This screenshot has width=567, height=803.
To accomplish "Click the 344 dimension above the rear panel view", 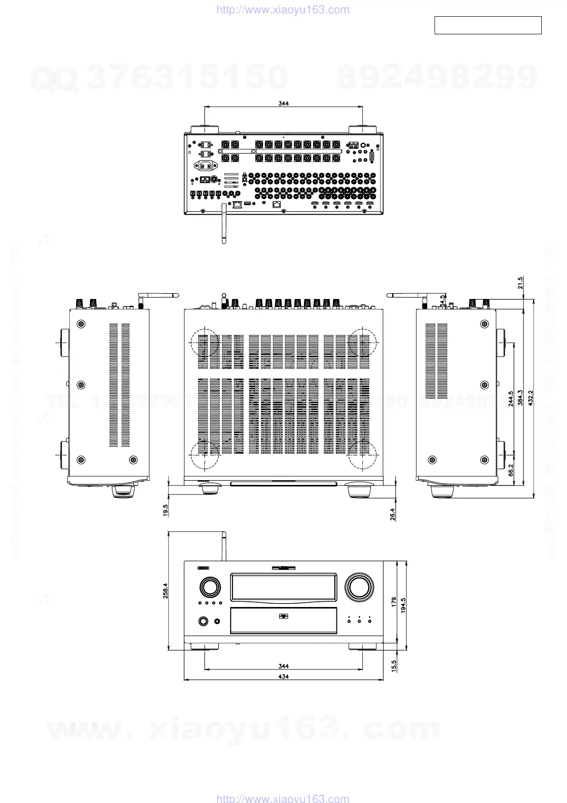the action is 283,103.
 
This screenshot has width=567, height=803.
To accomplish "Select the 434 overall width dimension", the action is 283,676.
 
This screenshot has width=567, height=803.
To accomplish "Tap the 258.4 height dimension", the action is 165,590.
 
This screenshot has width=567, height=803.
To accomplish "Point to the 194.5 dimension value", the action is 403,605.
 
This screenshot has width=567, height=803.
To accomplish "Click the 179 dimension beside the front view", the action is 394,602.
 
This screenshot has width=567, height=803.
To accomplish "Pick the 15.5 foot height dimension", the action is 394,666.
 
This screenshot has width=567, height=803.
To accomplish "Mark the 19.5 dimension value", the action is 165,510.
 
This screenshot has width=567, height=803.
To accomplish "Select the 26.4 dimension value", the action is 393,514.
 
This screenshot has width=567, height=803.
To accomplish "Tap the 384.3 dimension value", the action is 520,398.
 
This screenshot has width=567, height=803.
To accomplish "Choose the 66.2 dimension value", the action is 511,470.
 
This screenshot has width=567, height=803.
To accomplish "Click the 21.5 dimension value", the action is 520,283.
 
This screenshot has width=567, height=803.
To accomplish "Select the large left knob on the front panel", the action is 210,587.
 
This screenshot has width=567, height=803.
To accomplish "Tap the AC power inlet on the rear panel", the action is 206,166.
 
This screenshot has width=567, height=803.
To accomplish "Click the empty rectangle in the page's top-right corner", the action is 488,25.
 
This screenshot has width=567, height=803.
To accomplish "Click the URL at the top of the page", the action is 283,10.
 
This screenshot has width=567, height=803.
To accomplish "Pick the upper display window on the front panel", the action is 283,587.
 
